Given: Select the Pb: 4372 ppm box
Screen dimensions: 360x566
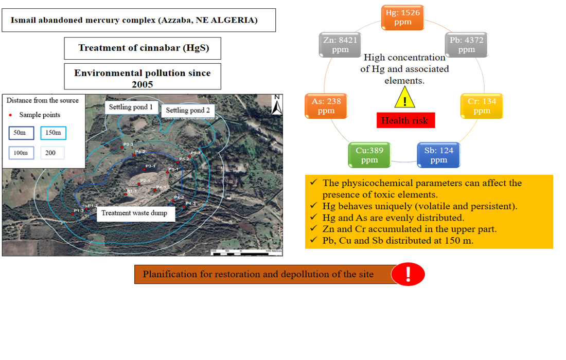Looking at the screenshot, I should [466, 44].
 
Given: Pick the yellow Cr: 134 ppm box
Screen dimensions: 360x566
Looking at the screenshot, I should [482, 106].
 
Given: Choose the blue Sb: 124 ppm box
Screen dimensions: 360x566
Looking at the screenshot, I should [438, 155].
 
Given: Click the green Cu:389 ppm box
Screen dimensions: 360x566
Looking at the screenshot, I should [369, 155].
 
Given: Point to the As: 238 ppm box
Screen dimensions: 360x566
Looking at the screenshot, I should [326, 106].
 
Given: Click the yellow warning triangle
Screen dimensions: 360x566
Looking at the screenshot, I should [405, 98].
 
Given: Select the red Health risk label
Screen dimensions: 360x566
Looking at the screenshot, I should [405, 120].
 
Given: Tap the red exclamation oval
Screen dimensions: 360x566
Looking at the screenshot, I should [408, 275].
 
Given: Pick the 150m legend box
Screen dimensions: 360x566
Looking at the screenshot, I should [54, 133].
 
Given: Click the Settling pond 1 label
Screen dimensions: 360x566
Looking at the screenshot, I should [131, 107].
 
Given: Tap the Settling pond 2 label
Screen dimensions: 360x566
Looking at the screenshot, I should [188, 111].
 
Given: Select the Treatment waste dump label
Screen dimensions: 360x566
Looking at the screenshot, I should [135, 213].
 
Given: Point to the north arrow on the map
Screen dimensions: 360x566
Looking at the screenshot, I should [277, 105].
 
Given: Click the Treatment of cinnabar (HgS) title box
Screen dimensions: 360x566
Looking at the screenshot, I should [143, 48].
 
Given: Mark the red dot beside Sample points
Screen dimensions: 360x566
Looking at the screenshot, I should [11, 115].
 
